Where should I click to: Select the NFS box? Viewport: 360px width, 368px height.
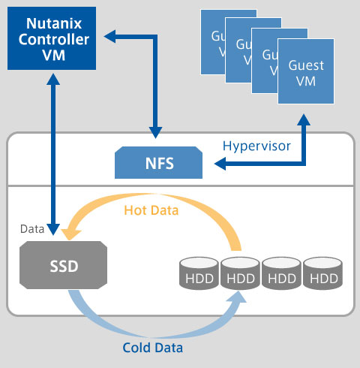(x=160, y=161)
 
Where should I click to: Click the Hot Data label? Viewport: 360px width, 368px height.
(x=151, y=211)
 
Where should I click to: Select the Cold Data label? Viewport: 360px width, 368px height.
(x=153, y=348)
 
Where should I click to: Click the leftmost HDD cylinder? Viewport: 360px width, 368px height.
(x=199, y=275)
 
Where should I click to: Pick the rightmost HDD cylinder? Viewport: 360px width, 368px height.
(x=325, y=275)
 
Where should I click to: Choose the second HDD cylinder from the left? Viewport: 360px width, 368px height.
(x=241, y=275)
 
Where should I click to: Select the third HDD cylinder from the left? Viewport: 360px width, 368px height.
(x=283, y=275)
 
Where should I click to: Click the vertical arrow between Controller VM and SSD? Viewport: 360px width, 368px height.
(x=53, y=150)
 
